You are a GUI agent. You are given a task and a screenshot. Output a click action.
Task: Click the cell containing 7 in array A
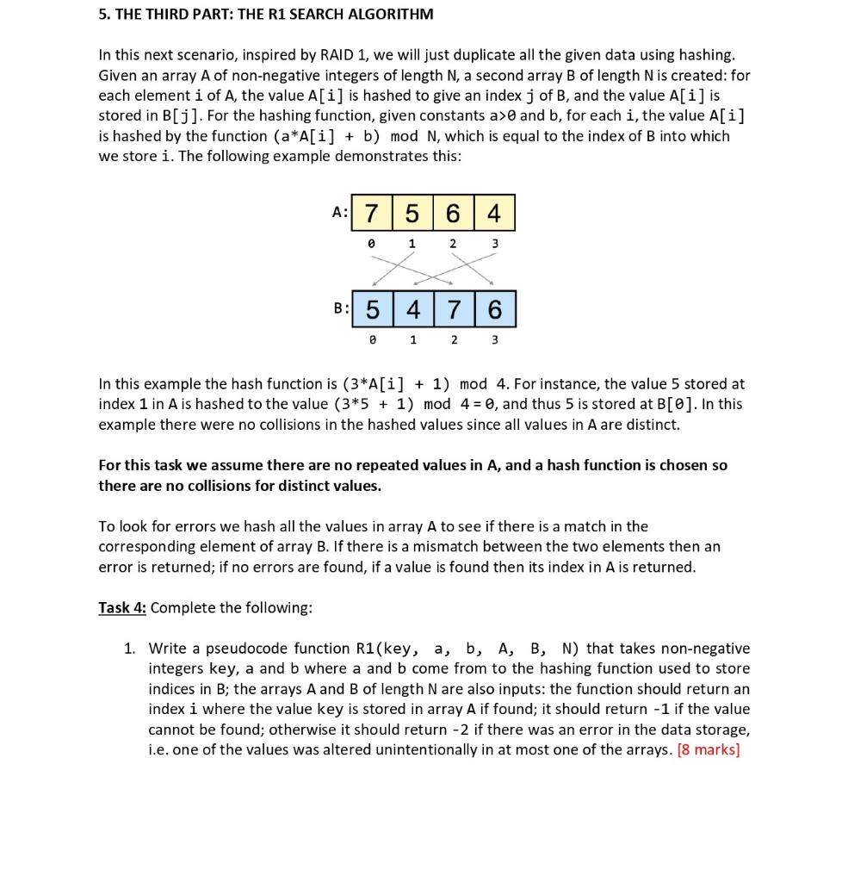(x=372, y=213)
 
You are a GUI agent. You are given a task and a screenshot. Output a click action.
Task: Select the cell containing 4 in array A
(x=493, y=213)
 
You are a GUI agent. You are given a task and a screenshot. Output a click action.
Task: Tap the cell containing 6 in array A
(x=454, y=213)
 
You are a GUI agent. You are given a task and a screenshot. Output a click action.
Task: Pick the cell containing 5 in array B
(x=372, y=309)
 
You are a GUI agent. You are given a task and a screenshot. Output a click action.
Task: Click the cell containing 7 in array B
(x=454, y=309)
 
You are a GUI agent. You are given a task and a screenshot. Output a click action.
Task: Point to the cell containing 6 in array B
(x=494, y=309)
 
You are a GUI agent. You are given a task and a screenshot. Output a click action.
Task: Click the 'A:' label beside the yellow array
(x=340, y=212)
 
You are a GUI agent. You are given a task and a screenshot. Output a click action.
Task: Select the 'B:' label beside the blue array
(x=341, y=308)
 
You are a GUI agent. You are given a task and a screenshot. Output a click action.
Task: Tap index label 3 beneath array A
(x=494, y=244)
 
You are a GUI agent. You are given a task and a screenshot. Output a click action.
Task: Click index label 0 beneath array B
(x=372, y=339)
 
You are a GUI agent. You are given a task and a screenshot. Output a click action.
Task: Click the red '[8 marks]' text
(x=709, y=749)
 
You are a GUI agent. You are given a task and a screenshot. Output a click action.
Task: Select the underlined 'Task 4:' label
(x=122, y=608)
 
